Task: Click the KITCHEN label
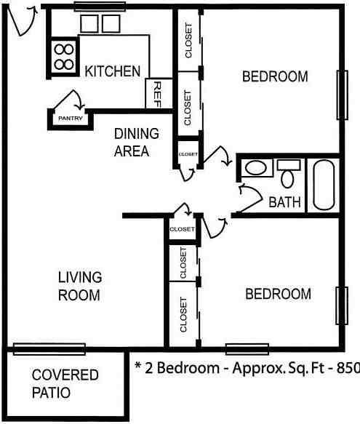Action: [113, 71]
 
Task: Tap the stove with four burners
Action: [64, 57]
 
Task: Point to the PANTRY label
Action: [71, 119]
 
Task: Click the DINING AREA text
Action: [136, 143]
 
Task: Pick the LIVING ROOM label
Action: [80, 286]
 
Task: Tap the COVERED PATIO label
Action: [65, 383]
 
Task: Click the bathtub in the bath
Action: [324, 185]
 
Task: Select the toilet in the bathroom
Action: [288, 174]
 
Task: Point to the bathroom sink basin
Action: [255, 168]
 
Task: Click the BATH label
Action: [284, 202]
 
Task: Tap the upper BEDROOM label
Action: [275, 76]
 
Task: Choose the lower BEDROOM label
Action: [278, 294]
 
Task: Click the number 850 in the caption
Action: [348, 368]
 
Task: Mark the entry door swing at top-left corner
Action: [21, 20]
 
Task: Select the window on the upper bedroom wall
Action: [342, 95]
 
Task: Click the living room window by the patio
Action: [49, 349]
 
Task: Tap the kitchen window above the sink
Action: [100, 7]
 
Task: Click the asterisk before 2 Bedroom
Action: [138, 366]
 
